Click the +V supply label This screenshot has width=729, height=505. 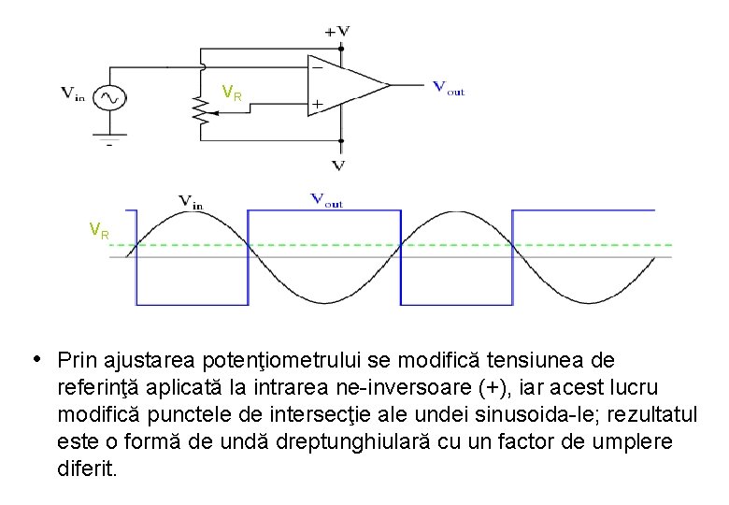tap(337, 30)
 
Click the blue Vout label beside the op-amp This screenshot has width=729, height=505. tap(449, 91)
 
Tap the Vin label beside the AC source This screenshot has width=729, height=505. tap(74, 94)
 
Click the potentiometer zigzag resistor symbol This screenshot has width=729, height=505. tap(197, 110)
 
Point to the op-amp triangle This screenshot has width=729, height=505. tap(346, 86)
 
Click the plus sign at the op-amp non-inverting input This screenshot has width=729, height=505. tap(318, 105)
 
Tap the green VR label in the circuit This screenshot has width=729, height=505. tap(232, 93)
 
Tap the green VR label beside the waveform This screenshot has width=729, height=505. tap(99, 230)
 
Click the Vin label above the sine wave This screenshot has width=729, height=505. tap(191, 199)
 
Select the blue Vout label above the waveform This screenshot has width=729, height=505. tap(326, 198)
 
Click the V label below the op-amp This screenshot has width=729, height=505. tap(338, 166)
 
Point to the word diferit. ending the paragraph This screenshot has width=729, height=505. tap(87, 469)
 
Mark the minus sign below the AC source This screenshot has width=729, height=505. tap(109, 144)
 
